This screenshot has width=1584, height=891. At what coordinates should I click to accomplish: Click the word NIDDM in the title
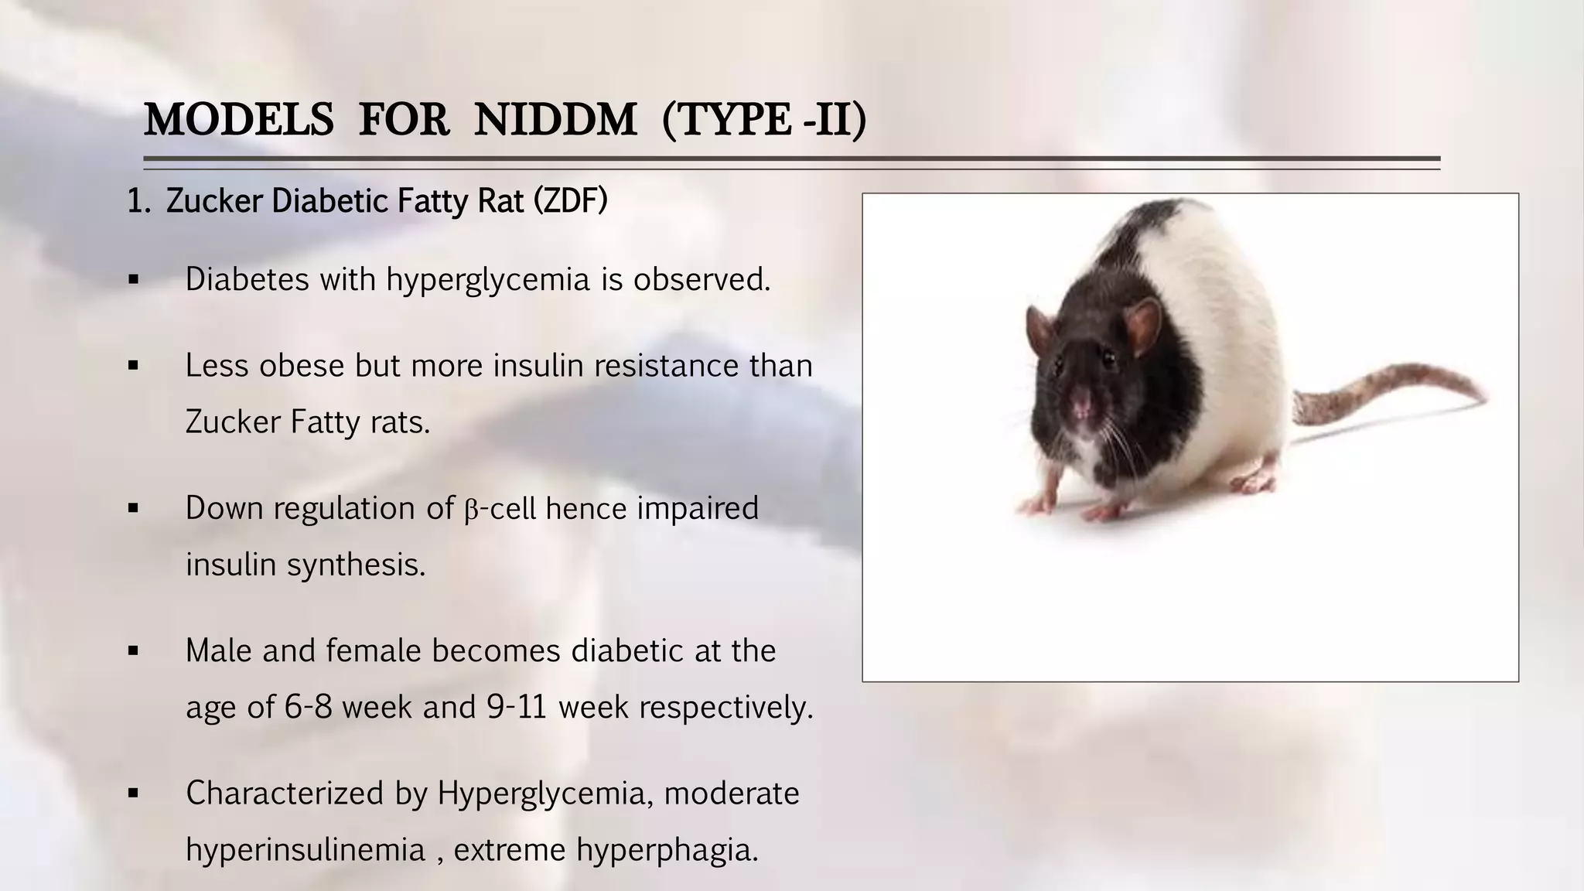click(555, 121)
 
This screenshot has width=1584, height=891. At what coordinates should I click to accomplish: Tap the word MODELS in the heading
click(239, 121)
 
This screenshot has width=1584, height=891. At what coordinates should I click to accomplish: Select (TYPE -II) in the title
click(764, 121)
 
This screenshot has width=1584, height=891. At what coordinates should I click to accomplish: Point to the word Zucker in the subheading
click(214, 201)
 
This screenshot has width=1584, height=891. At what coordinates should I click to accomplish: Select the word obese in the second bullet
click(302, 366)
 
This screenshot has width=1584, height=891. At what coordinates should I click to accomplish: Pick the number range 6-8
click(309, 708)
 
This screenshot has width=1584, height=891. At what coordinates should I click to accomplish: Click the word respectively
click(726, 708)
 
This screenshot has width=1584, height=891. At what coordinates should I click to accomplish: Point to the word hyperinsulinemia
click(306, 851)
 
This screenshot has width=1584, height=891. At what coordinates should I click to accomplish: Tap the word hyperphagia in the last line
click(667, 851)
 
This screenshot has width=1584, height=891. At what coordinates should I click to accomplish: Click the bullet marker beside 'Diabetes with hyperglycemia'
click(133, 280)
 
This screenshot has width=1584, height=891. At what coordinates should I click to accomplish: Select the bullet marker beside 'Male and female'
click(133, 652)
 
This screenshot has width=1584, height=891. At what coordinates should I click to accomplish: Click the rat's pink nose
click(1080, 402)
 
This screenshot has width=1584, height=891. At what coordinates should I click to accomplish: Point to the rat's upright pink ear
click(1142, 325)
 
